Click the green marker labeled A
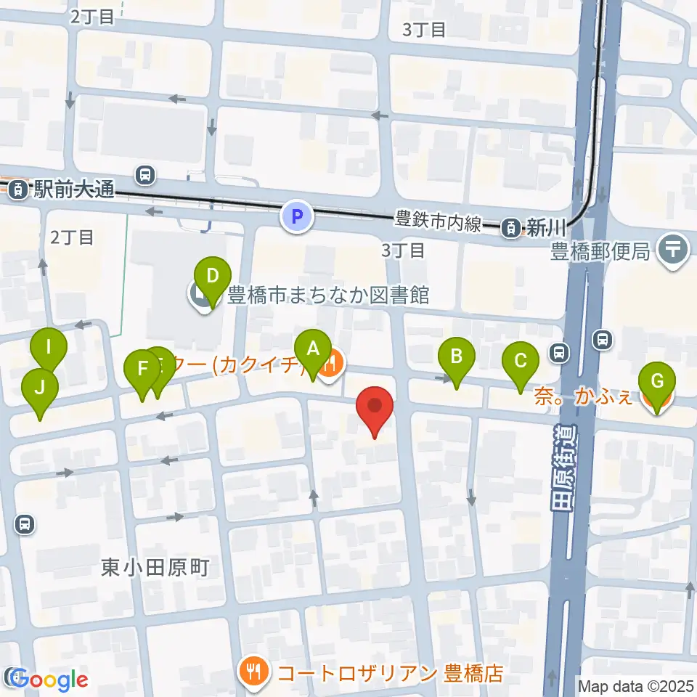pyautogui.click(x=312, y=349)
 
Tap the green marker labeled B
pyautogui.click(x=457, y=357)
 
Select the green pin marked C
pyautogui.click(x=521, y=361)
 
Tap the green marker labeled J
pyautogui.click(x=40, y=388)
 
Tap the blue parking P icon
pyautogui.click(x=296, y=216)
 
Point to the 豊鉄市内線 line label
pyautogui.click(x=438, y=221)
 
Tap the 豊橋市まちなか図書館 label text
pyautogui.click(x=328, y=295)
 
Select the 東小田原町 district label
pyautogui.click(x=155, y=567)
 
